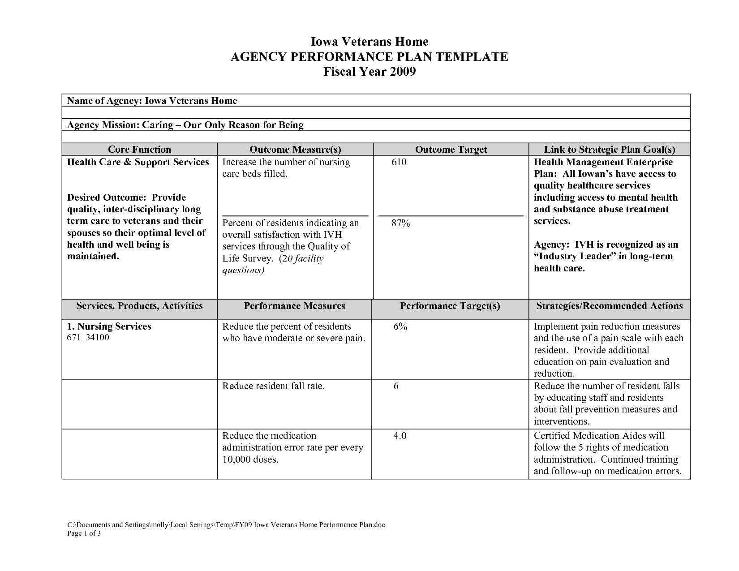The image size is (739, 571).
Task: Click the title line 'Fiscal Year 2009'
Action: tap(369, 72)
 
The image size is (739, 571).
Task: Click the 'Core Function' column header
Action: tap(139, 150)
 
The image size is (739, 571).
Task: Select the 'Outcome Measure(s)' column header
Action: tap(295, 150)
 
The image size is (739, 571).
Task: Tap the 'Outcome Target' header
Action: tap(451, 150)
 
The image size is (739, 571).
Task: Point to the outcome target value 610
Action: tap(399, 162)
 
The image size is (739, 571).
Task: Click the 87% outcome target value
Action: tap(400, 223)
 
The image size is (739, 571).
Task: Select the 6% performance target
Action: tap(400, 326)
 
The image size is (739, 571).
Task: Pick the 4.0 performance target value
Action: tap(400, 436)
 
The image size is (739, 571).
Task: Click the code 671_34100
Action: tap(88, 337)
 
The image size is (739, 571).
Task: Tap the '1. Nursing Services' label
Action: tap(109, 326)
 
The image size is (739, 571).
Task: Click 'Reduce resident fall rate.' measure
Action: tap(273, 386)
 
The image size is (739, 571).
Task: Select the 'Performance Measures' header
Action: tap(294, 306)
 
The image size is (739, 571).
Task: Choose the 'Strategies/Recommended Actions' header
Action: tap(609, 306)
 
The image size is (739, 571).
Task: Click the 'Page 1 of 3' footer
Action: tap(84, 533)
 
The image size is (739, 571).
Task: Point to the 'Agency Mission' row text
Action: tap(185, 125)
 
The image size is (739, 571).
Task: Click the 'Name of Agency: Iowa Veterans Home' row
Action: tap(152, 101)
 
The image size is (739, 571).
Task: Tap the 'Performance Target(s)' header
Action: tap(450, 306)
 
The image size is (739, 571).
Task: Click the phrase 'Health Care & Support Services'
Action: tap(138, 162)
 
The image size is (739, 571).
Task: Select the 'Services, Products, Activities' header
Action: tap(139, 306)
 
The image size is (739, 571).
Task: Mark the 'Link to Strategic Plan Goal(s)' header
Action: tap(609, 150)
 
